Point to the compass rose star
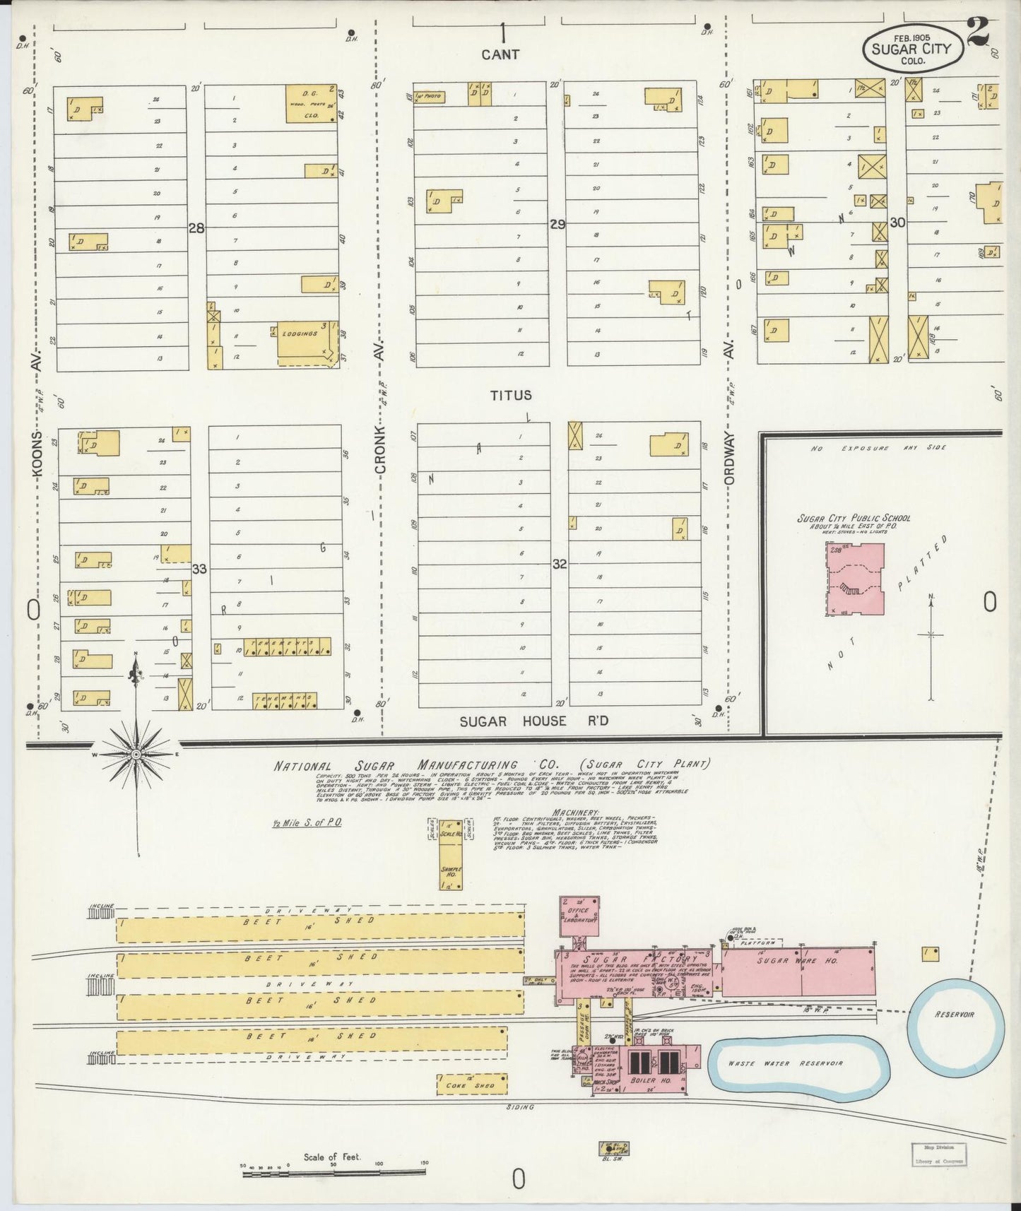tap(135, 755)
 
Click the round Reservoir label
tap(955, 1015)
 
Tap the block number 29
tap(558, 224)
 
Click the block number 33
tap(199, 568)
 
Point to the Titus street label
tap(512, 396)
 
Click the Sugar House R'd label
tap(533, 721)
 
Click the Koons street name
tap(38, 456)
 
